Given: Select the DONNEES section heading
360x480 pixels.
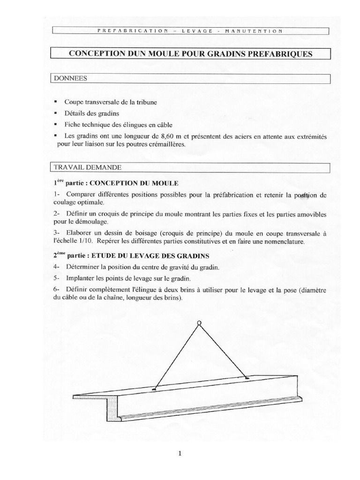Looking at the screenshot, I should click(x=67, y=79).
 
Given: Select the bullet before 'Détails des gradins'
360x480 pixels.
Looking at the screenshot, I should click(x=56, y=113).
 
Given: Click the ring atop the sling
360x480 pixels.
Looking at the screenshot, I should click(x=199, y=322).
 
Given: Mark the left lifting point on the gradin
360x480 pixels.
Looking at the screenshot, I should click(x=154, y=389).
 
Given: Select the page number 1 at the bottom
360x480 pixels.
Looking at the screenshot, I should click(x=180, y=453).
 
